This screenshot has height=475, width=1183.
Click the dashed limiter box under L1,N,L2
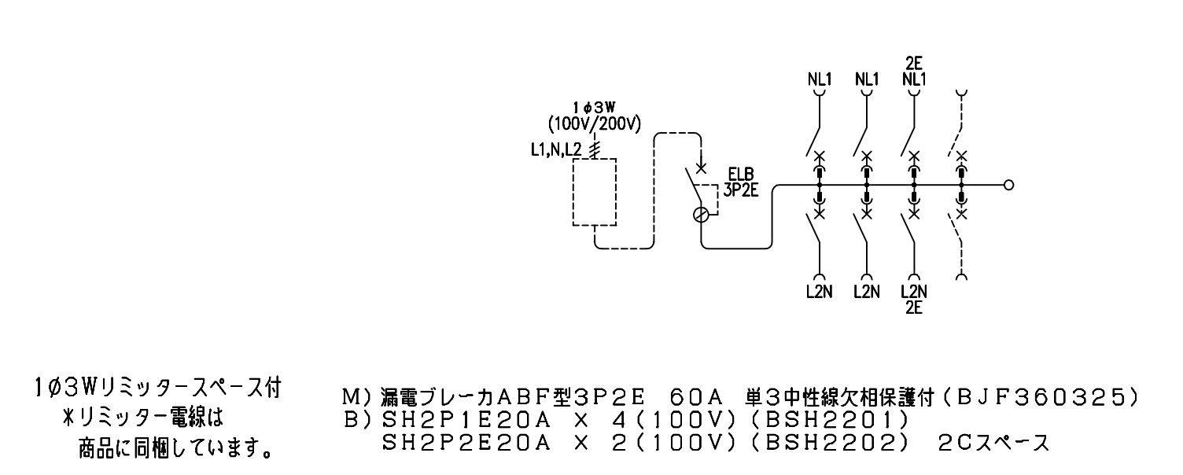595,192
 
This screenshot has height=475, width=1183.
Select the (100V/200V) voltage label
595,123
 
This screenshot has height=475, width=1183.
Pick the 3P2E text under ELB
740,190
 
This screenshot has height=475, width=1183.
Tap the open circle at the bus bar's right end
1009,186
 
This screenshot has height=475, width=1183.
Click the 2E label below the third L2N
914,307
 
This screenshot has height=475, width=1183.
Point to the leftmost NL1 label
819,79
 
